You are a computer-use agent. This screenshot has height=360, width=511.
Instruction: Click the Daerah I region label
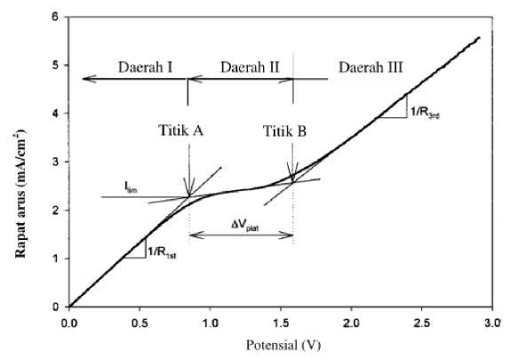click(145, 68)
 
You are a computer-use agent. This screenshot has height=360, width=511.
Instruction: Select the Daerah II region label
click(250, 68)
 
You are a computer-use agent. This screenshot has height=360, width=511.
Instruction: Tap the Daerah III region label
click(371, 68)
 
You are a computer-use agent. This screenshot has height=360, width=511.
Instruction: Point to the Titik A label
click(181, 131)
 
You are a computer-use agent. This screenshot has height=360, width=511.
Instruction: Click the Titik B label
click(284, 131)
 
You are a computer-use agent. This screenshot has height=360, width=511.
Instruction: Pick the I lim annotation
click(131, 188)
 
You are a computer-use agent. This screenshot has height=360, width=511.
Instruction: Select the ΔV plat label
click(244, 225)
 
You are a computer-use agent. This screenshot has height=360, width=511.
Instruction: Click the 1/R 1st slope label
click(162, 252)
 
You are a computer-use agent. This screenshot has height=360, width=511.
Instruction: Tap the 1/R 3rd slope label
click(425, 113)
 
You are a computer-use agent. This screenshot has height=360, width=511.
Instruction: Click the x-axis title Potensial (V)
click(283, 345)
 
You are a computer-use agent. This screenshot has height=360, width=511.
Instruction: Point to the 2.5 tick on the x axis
click(422, 323)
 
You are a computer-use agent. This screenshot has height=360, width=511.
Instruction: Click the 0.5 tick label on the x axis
click(140, 323)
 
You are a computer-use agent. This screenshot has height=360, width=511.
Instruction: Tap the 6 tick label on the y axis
click(55, 17)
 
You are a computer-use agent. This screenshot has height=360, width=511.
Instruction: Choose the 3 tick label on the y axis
click(55, 162)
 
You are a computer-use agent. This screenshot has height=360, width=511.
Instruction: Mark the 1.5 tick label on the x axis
click(281, 323)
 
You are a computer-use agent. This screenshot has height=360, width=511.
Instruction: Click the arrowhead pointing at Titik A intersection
click(188, 188)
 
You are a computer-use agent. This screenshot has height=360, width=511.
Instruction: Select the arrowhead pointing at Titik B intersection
click(292, 172)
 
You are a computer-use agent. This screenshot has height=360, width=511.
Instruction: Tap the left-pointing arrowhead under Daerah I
click(89, 78)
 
